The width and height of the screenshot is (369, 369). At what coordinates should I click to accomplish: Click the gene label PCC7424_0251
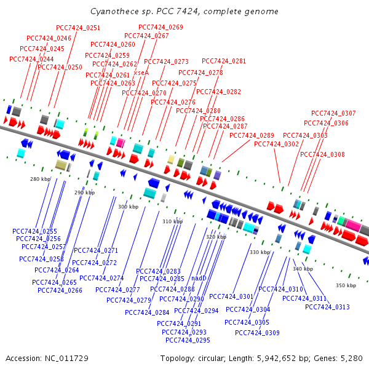[78, 28]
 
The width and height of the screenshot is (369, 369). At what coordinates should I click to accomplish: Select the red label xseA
[141, 73]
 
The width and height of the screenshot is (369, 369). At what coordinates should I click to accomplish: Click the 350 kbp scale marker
[346, 285]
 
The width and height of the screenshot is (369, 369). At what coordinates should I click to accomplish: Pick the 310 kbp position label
[173, 221]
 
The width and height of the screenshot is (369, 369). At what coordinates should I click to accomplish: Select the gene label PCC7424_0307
[333, 113]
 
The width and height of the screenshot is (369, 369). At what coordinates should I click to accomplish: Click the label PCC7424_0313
[327, 307]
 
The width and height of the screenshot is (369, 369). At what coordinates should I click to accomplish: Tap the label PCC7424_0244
[32, 59]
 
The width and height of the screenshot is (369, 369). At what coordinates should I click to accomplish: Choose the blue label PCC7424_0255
[34, 231]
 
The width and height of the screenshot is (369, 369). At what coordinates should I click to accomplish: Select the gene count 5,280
[351, 358]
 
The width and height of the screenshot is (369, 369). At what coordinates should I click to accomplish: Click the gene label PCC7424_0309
[257, 333]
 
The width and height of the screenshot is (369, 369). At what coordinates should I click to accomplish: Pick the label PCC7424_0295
[188, 340]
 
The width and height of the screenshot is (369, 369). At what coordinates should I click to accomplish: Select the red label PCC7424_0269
[161, 27]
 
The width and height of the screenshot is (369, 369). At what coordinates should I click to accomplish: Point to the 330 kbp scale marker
[260, 252]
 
